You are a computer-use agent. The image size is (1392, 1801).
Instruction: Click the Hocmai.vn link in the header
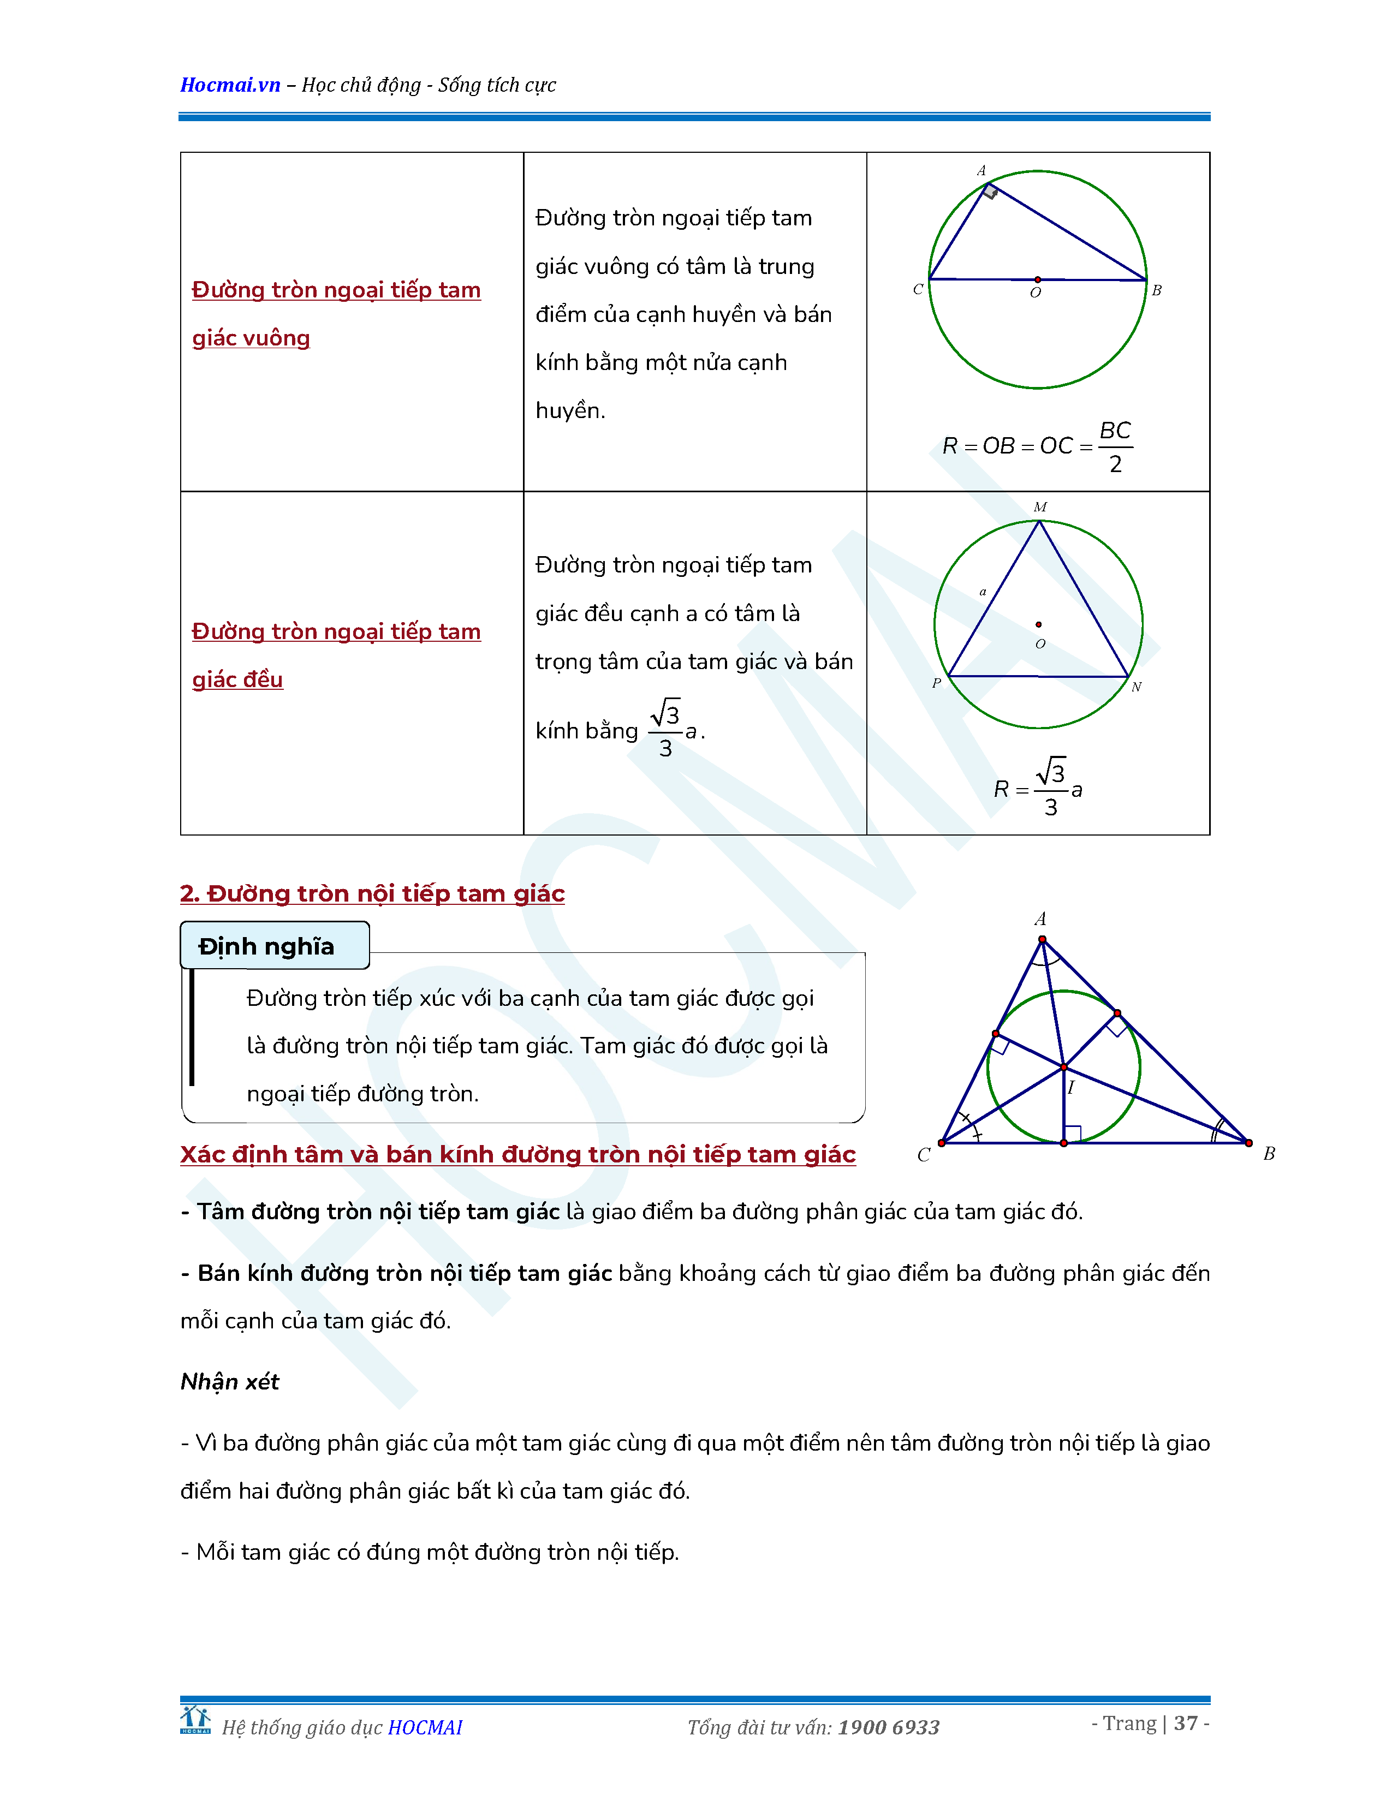click(x=230, y=85)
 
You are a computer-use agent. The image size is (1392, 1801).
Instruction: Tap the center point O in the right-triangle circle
click(x=1037, y=279)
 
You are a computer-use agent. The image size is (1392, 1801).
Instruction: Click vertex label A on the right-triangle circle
click(x=981, y=171)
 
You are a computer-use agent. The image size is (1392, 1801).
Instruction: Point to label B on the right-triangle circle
click(x=1156, y=290)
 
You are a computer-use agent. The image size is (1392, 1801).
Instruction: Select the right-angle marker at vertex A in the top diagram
click(x=990, y=192)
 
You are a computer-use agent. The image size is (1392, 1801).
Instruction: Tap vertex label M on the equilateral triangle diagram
click(x=1040, y=507)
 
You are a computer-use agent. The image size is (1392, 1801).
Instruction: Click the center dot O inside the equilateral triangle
click(x=1038, y=624)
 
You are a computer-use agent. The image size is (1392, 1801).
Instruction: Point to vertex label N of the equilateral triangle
click(x=1137, y=687)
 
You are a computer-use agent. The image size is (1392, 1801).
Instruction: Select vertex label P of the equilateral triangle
click(x=936, y=683)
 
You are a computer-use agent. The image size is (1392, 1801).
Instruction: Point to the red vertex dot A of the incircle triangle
click(x=1042, y=939)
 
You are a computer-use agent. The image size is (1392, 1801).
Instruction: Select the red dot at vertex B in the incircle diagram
click(x=1248, y=1143)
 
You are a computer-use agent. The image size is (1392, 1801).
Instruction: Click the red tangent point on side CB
click(x=1064, y=1143)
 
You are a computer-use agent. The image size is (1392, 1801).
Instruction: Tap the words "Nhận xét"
click(x=230, y=1381)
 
